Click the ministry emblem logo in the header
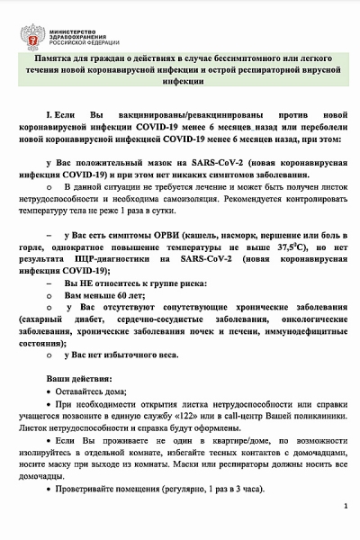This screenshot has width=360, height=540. click(31, 36)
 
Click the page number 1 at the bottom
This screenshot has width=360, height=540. click(345, 508)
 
